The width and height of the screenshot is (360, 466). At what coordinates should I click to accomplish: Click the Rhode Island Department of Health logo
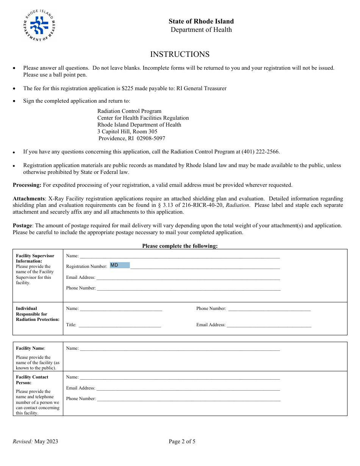click(x=39, y=25)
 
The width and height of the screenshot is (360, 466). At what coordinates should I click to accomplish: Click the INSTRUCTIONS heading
click(x=180, y=54)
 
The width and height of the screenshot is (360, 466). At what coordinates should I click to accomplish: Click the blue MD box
click(x=120, y=265)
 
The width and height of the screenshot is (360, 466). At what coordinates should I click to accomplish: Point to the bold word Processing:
click(x=27, y=185)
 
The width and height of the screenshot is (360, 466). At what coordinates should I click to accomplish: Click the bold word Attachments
click(x=29, y=199)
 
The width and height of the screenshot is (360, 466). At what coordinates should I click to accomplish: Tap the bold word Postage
click(x=22, y=225)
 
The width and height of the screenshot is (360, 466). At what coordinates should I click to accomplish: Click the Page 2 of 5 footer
click(x=182, y=441)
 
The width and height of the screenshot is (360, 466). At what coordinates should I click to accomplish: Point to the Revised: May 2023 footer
click(x=36, y=441)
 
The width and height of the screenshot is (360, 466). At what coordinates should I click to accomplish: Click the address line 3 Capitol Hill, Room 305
click(x=127, y=131)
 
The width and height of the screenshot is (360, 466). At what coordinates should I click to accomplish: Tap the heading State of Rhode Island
click(x=201, y=21)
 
